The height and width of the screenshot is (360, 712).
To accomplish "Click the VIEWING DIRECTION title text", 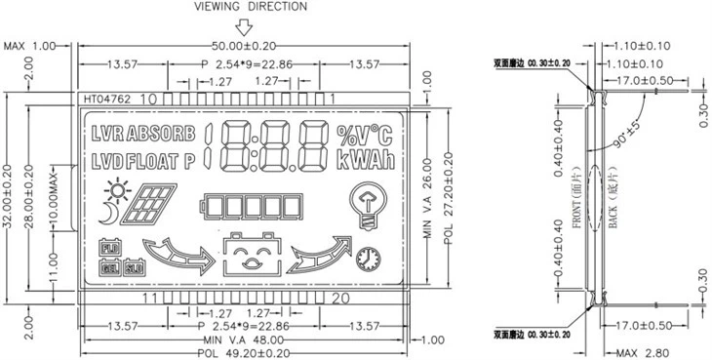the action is click(x=251, y=7).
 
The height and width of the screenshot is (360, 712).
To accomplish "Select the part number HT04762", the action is click(x=107, y=99).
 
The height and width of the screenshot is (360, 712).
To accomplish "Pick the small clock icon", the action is click(x=368, y=258).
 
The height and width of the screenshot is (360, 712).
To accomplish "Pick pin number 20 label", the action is click(x=341, y=298).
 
